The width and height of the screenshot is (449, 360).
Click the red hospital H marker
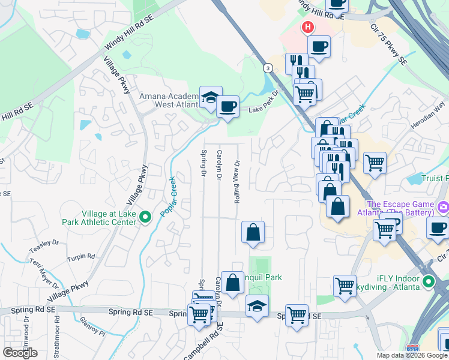coord(308,27)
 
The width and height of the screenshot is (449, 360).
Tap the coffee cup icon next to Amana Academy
coord(228,106)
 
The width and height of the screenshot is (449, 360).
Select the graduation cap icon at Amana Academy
coord(211,97)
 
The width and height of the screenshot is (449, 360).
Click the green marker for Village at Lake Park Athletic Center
coord(145,217)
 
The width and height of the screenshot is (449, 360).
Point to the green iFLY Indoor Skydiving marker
coord(428,281)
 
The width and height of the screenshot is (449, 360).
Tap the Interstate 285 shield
coord(412,349)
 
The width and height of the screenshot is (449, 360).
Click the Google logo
coord(20,352)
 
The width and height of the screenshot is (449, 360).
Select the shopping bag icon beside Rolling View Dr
coord(253,232)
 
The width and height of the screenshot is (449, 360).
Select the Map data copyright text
coord(412,355)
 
